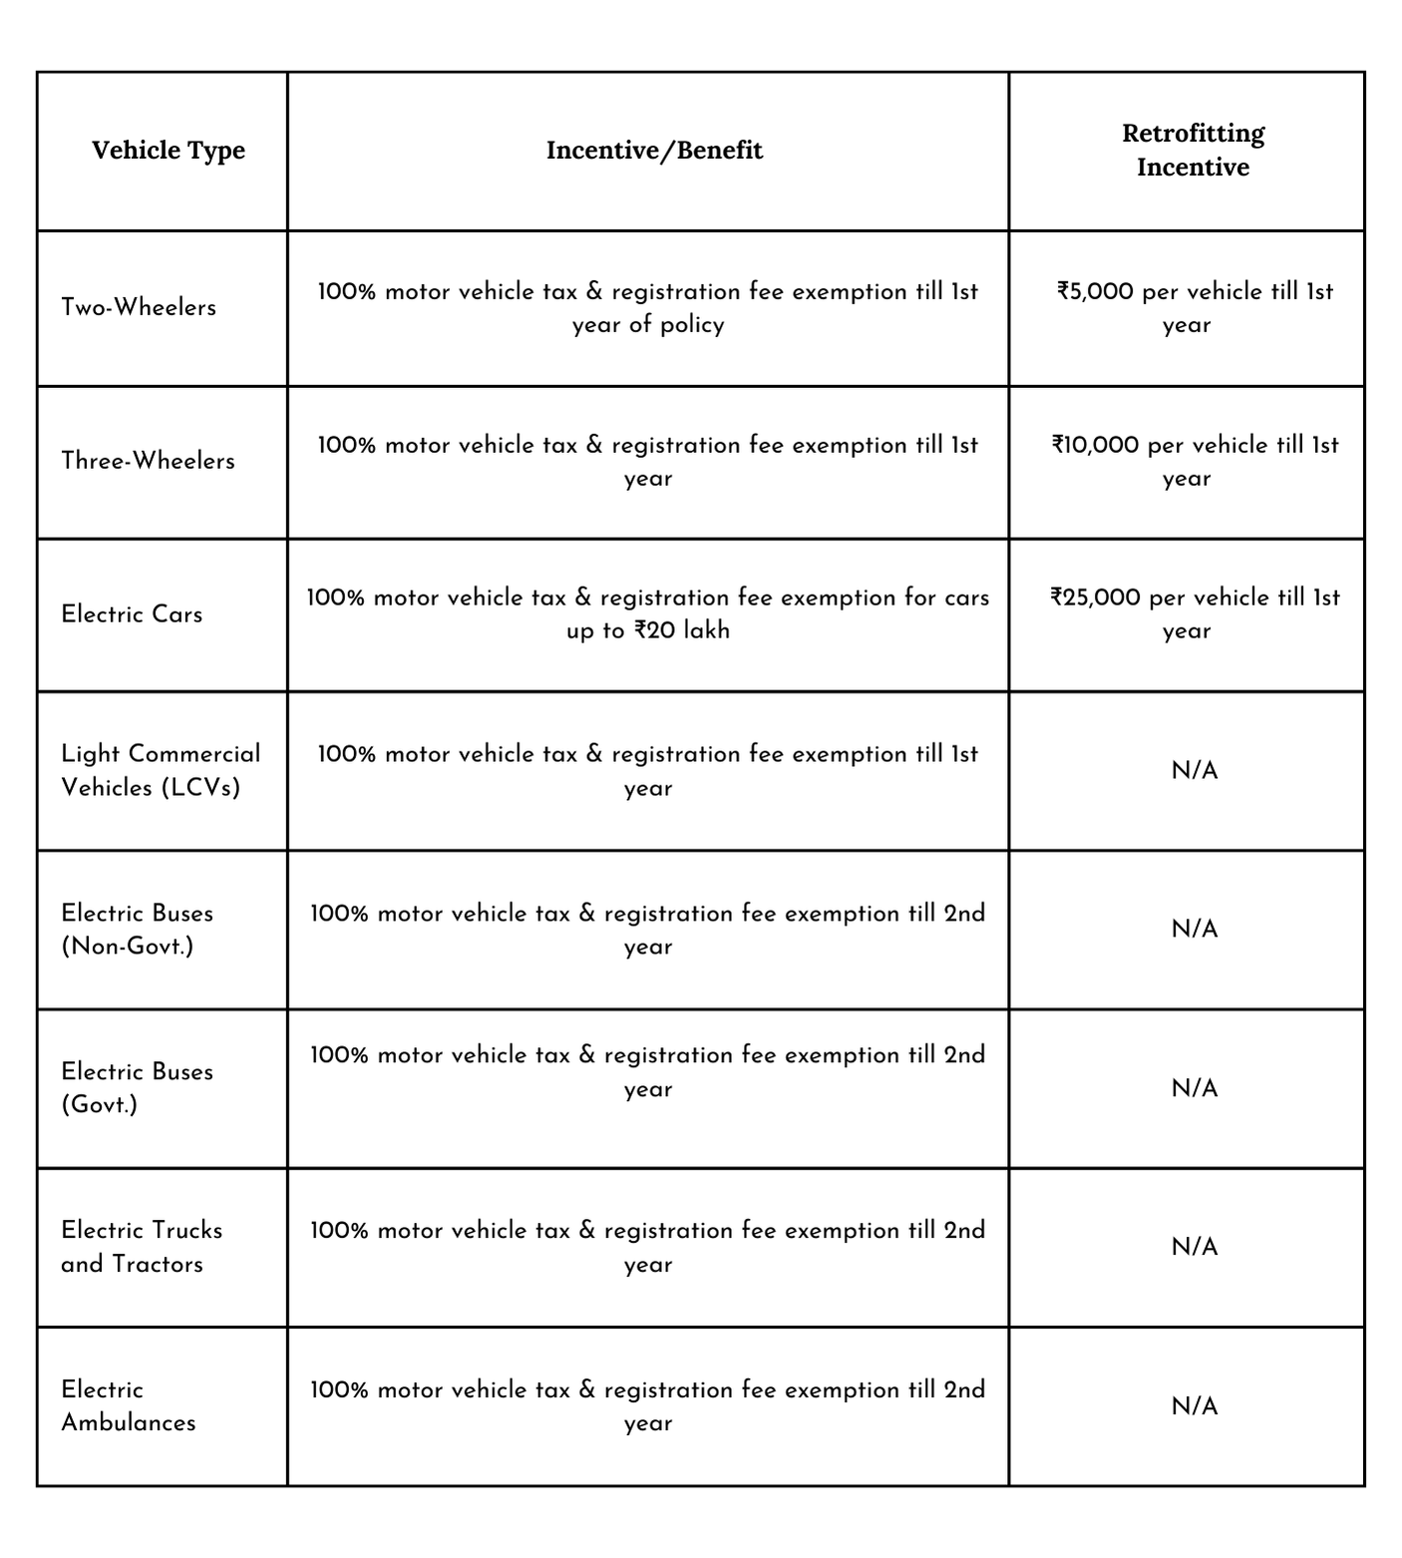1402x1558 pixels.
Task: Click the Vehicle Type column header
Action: pos(168,151)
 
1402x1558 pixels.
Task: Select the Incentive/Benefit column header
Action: pos(654,151)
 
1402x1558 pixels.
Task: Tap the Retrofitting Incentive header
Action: pos(1193,150)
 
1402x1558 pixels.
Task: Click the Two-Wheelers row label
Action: pos(139,307)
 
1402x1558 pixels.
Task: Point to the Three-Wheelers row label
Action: pos(148,461)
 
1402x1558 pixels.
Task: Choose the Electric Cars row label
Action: pos(132,614)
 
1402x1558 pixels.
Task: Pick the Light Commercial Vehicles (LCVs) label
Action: pos(160,770)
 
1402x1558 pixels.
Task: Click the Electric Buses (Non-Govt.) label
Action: pos(137,929)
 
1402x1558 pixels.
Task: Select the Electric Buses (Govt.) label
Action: pos(137,1087)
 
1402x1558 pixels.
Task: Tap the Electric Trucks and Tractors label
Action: pos(141,1247)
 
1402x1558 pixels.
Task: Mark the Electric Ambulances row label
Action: pos(128,1405)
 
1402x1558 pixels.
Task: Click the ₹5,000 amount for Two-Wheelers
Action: pos(1095,291)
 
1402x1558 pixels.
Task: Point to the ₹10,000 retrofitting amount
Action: pos(1095,445)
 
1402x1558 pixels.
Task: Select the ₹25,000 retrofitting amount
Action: pos(1095,597)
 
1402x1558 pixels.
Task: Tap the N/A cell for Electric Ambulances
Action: pos(1194,1406)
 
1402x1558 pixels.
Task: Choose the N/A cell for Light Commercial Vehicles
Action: pos(1194,771)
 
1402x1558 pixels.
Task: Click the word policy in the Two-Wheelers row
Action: pos(692,325)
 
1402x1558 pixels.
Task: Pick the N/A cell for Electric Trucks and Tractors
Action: pos(1194,1247)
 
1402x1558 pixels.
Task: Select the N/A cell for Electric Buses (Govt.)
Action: pos(1194,1088)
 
